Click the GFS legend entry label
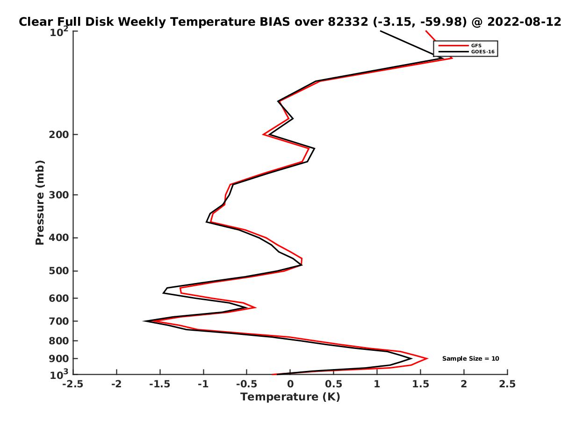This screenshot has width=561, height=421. pos(476,46)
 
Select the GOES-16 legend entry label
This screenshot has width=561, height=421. pos(482,52)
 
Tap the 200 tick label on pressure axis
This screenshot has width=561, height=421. pos(59,134)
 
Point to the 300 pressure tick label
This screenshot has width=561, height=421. pos(59,195)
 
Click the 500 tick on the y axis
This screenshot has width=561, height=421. pos(59,271)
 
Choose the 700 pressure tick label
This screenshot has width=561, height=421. pos(59,321)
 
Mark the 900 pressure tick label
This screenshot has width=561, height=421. pos(59,359)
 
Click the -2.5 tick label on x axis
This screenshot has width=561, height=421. pos(73,384)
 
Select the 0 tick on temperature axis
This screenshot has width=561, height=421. pos(290,384)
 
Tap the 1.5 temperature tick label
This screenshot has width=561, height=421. pos(420,384)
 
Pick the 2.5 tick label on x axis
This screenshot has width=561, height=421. pos(507,384)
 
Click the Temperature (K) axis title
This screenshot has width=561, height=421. pos(290,397)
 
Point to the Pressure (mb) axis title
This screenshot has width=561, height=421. pos(40,203)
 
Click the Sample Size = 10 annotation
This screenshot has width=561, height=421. pos(470,359)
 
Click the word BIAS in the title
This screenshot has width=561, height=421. pos(275,22)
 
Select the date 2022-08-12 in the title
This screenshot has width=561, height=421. pos(524,22)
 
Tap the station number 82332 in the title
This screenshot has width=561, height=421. pos(348,22)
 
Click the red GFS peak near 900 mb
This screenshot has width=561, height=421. pos(427,358)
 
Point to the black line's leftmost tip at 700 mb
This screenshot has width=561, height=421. pos(144,321)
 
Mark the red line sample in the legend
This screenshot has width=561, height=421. pos(453,46)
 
